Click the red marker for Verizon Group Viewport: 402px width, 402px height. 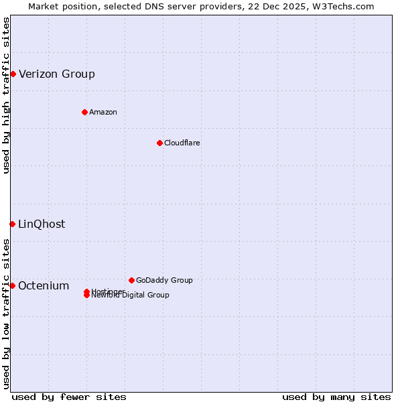click(x=13, y=74)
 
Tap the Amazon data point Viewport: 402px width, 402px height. click(x=84, y=112)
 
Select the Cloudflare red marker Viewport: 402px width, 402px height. click(x=159, y=143)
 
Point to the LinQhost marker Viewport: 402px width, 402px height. click(x=12, y=224)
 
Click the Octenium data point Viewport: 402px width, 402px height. click(x=12, y=285)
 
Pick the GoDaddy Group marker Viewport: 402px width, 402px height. click(x=131, y=280)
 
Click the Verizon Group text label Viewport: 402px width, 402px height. click(x=57, y=74)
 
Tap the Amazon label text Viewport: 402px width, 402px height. click(x=103, y=112)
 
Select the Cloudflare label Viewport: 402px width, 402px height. click(x=182, y=143)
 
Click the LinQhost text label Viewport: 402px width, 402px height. click(x=42, y=224)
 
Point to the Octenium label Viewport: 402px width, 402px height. click(x=44, y=285)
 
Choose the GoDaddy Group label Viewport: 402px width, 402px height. click(x=164, y=280)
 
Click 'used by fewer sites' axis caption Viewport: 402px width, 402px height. click(x=69, y=397)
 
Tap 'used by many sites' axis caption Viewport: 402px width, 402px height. click(x=336, y=397)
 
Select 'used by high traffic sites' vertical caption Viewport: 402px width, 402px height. click(x=6, y=95)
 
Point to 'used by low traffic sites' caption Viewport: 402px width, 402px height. click(x=6, y=314)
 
